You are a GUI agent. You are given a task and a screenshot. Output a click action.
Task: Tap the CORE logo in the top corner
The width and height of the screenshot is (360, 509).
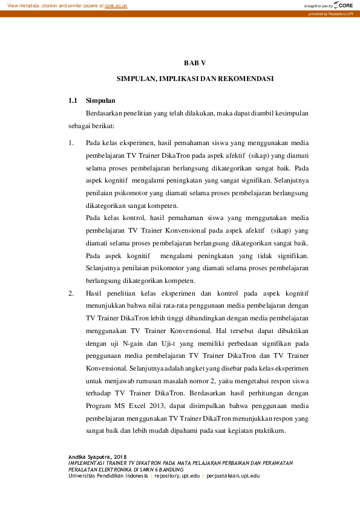tap(342, 5)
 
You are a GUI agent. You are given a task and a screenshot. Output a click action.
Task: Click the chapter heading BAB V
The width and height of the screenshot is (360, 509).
tap(195, 62)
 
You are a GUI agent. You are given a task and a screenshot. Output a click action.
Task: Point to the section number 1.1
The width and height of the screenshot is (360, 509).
tap(73, 100)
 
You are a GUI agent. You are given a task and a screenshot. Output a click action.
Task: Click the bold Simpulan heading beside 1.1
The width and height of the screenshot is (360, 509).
tap(101, 100)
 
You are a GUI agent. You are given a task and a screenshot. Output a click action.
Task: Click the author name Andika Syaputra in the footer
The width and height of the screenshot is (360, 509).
tap(90, 456)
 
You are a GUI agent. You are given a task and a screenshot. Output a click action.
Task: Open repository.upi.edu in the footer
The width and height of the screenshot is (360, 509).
tap(177, 476)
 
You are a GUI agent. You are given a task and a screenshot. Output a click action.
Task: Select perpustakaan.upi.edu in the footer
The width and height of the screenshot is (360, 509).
tap(232, 476)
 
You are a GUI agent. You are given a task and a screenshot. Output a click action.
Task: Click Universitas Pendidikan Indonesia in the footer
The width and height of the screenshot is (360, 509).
tap(108, 476)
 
